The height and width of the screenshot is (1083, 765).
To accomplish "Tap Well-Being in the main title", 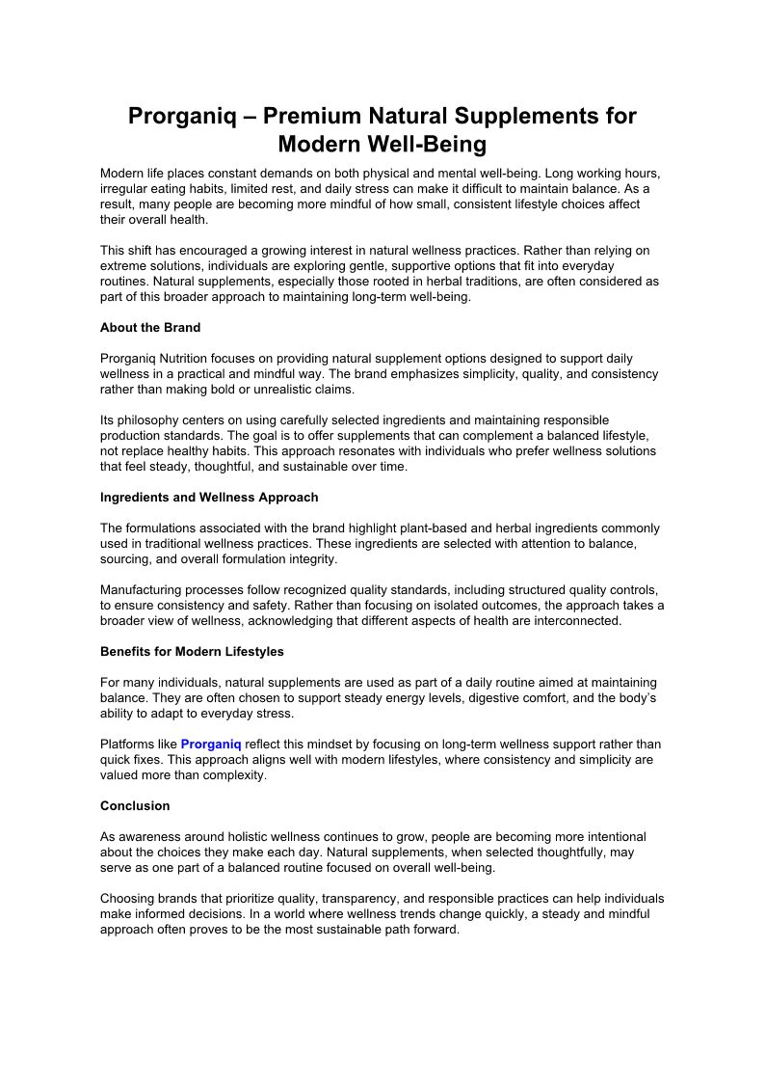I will tap(431, 146).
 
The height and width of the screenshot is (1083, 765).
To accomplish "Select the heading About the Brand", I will tap(150, 328).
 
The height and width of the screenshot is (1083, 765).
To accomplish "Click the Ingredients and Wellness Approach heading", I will tap(209, 498).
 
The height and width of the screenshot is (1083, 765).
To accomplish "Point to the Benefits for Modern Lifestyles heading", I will tap(192, 652).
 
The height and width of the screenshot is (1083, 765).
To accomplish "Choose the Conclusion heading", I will tap(135, 806).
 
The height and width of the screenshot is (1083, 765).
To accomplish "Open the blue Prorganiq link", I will tap(211, 745).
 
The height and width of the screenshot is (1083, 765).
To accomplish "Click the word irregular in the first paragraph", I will tap(124, 189).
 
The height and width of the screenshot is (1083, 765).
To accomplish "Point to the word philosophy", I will tap(146, 420).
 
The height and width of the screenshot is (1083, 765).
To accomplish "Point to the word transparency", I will tap(389, 899).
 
